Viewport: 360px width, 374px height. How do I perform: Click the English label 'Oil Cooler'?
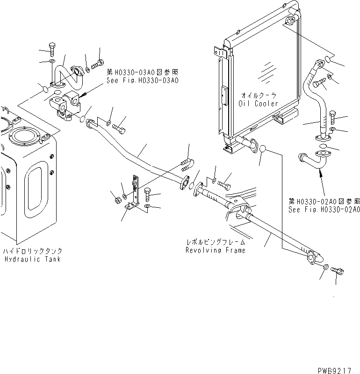(258, 103)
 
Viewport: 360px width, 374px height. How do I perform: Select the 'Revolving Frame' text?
(215, 250)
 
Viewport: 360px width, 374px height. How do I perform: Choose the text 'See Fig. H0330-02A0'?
(324, 210)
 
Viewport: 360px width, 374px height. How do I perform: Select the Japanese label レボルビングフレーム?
(215, 242)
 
